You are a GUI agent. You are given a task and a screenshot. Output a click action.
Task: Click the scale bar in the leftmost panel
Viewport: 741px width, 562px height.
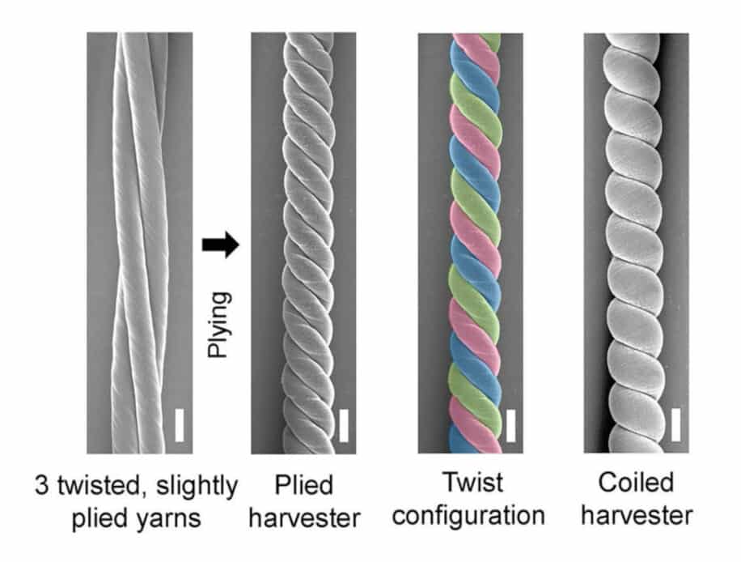(179, 425)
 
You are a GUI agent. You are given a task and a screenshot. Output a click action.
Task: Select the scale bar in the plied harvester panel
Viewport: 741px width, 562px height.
(344, 425)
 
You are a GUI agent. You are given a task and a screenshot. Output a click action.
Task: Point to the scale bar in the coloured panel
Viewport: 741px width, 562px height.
(510, 425)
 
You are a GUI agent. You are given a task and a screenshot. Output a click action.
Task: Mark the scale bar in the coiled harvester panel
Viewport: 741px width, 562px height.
(675, 425)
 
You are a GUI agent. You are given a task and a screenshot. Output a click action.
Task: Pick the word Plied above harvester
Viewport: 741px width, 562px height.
(303, 487)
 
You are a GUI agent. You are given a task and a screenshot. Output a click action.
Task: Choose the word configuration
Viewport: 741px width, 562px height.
(472, 516)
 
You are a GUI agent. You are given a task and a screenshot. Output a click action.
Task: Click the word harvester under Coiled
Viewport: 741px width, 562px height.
(636, 515)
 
